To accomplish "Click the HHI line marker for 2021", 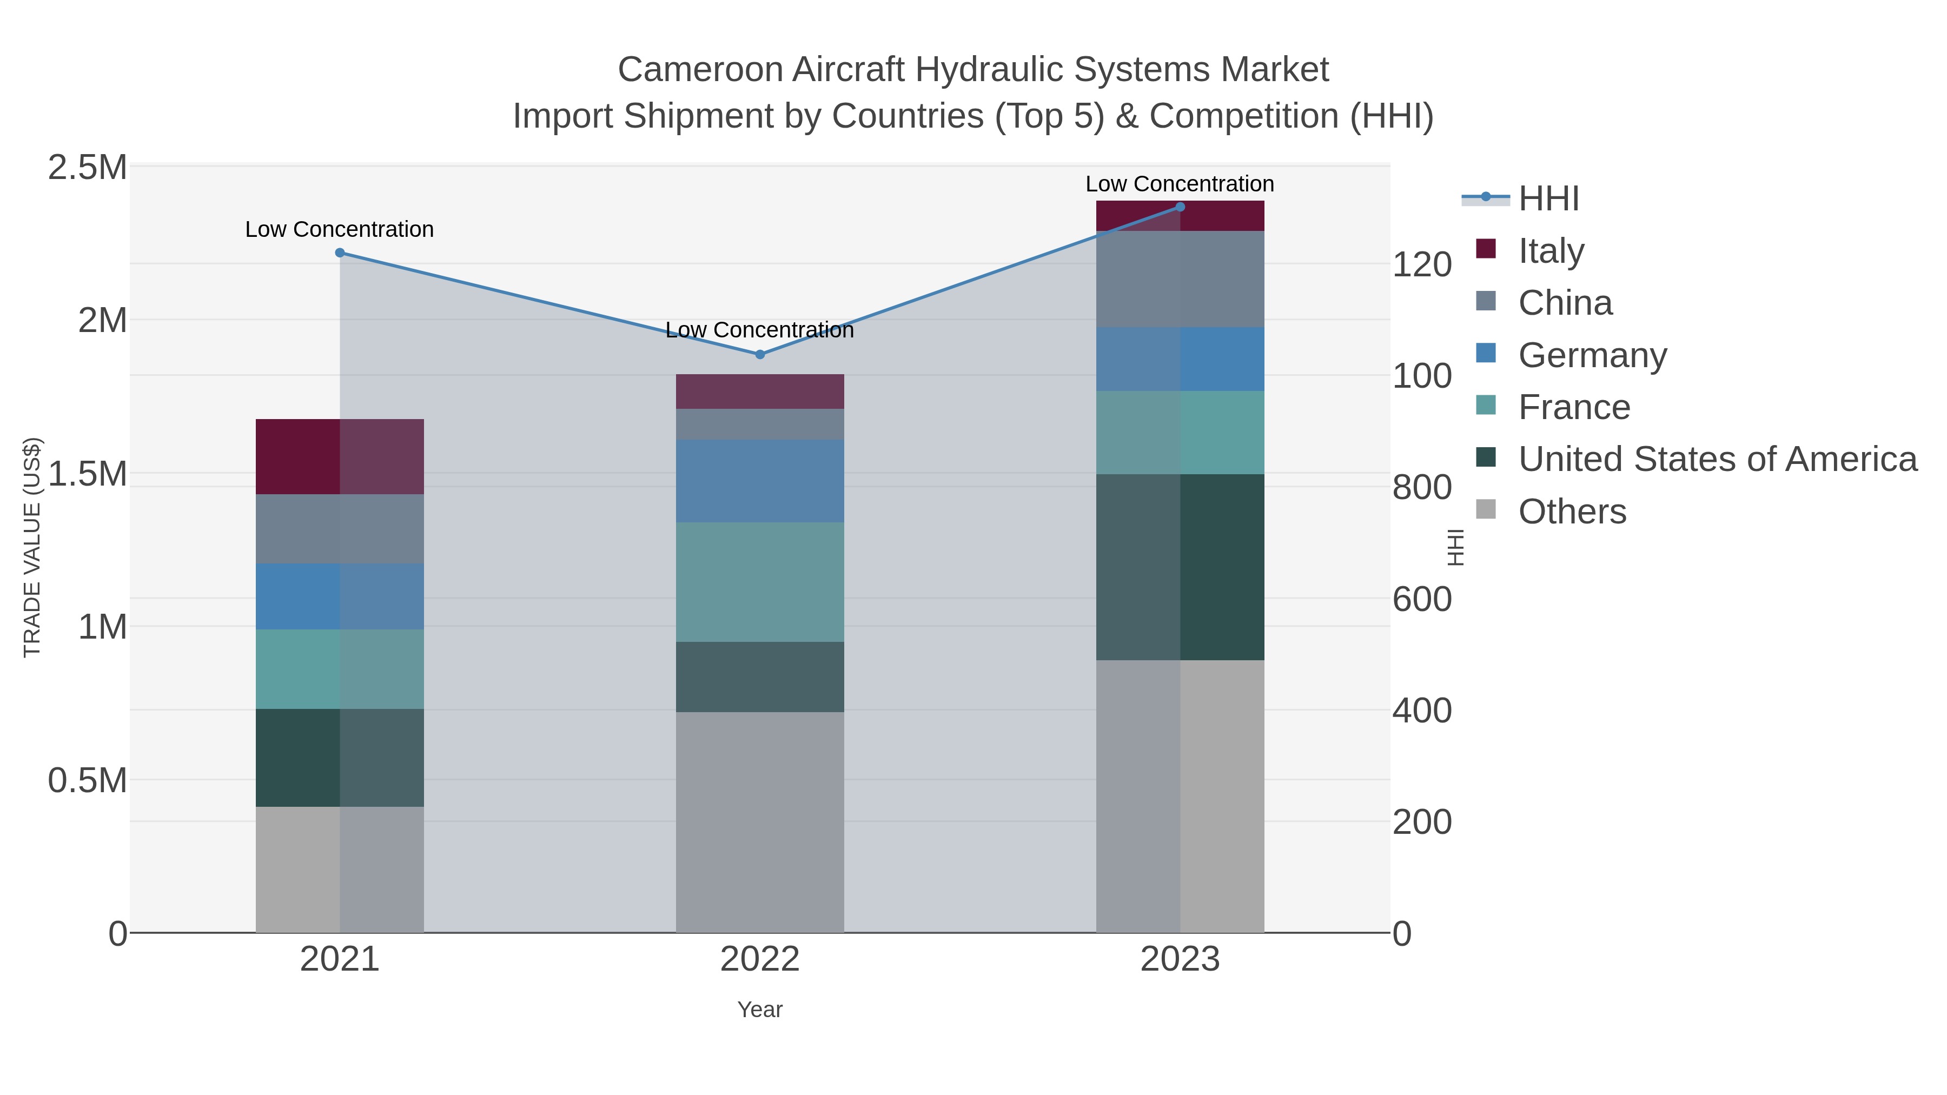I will (339, 253).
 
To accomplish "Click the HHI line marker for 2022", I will (760, 354).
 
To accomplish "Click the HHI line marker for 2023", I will (1180, 207).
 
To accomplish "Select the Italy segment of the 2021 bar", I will (339, 456).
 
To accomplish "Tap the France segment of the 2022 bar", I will (760, 582).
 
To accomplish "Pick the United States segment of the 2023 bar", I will (1180, 567).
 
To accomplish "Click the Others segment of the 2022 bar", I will (760, 822).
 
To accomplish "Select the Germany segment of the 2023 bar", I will (1180, 359).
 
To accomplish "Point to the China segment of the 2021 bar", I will (339, 528).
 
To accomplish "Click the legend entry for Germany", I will (1592, 355).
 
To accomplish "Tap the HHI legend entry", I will (1548, 199).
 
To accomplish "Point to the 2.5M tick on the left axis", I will (87, 168).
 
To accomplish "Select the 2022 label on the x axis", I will (760, 960).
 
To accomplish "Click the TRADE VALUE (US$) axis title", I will (32, 547).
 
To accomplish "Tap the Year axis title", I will (760, 1010).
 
